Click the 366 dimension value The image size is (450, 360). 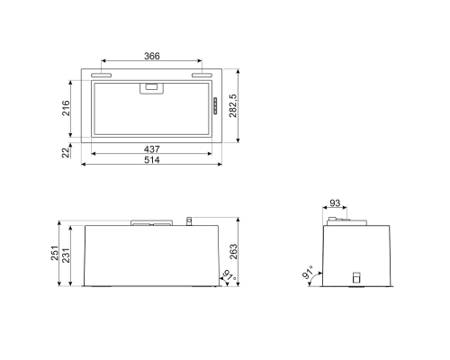[151, 56]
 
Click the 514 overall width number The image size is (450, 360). [151, 159]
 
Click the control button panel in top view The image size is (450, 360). [216, 107]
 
